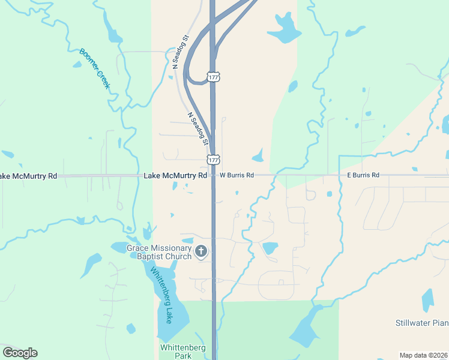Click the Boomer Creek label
pos(95,69)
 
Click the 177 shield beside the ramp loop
pos(213,77)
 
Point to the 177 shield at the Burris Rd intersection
pos(213,160)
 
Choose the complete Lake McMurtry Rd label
pos(175,175)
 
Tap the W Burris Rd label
pos(237,175)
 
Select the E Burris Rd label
pos(363,175)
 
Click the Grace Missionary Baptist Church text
pos(158,252)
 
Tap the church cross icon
pos(201,252)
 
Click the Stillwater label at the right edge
pos(422,323)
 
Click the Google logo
pos(20,352)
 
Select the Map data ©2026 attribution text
pos(424,355)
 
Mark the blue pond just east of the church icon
pos(270,247)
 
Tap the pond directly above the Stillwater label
pos(427,300)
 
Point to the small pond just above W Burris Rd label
pos(258,158)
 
